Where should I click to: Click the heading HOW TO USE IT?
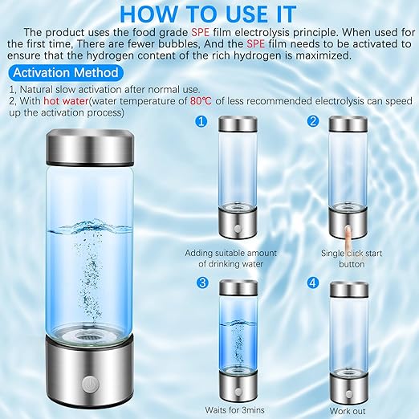click(209, 14)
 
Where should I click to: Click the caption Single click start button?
click(351, 258)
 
